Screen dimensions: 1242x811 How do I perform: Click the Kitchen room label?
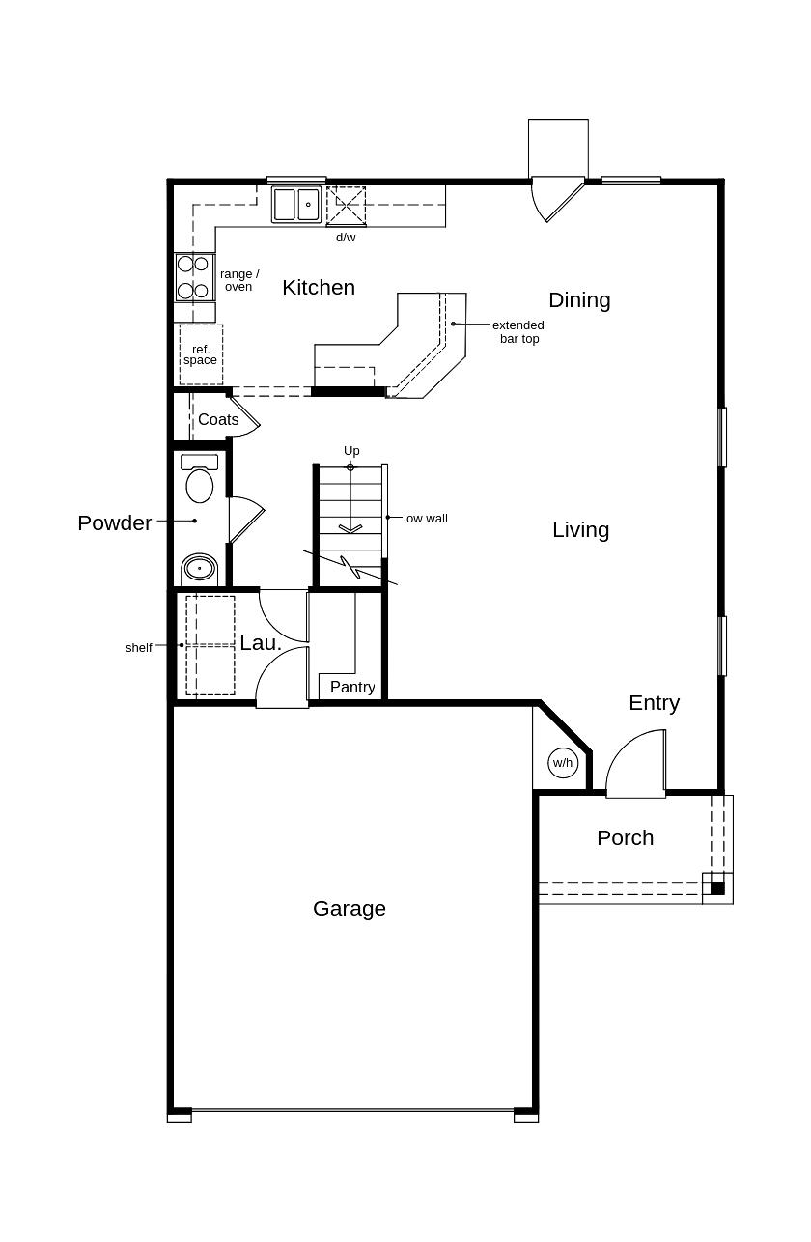click(x=319, y=288)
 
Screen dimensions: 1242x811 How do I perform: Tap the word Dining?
click(x=579, y=300)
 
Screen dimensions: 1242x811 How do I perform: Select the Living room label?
click(x=580, y=530)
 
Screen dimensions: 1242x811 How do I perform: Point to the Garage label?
click(x=350, y=909)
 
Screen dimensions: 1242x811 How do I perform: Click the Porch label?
click(x=625, y=838)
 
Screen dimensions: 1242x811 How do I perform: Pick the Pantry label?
click(x=352, y=687)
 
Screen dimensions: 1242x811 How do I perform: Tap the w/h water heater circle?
click(x=563, y=763)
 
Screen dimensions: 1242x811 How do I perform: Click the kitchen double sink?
click(x=296, y=205)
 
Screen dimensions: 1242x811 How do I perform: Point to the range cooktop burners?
click(x=193, y=277)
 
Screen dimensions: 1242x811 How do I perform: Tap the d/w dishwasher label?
click(x=346, y=238)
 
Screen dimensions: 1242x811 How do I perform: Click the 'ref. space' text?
click(x=201, y=355)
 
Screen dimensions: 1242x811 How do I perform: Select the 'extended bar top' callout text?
click(x=519, y=332)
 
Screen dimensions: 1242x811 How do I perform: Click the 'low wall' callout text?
click(x=426, y=519)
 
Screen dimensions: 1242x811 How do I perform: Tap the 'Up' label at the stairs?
click(x=351, y=451)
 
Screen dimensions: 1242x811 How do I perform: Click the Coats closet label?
click(x=218, y=420)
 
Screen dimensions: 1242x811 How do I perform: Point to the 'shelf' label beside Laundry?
click(x=139, y=648)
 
